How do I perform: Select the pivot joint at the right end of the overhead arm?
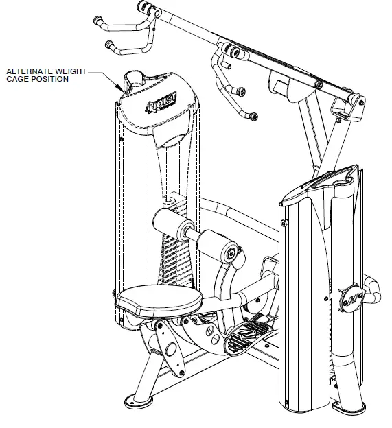(x=356, y=101)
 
